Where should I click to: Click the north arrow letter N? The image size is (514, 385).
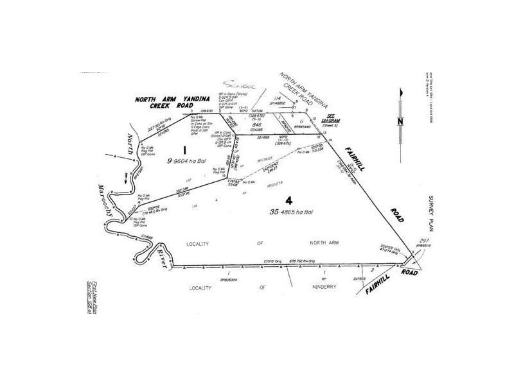[x=399, y=121]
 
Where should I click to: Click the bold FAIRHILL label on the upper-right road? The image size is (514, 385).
[x=353, y=153]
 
